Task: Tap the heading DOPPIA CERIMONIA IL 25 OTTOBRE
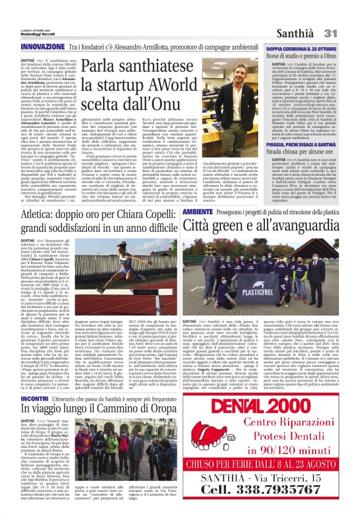[299, 48]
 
